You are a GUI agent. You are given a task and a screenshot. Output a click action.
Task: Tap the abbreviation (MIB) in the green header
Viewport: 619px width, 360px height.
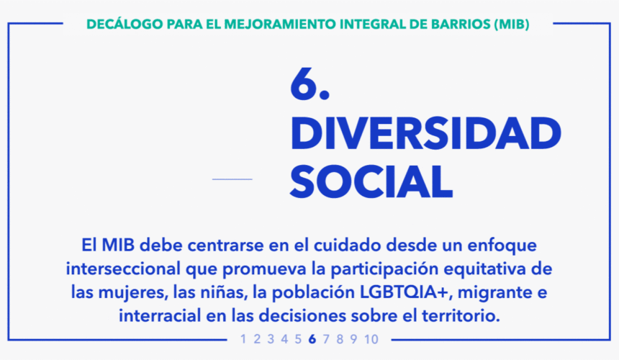tap(512, 24)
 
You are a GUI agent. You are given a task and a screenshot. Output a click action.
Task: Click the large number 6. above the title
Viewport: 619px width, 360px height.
tap(309, 84)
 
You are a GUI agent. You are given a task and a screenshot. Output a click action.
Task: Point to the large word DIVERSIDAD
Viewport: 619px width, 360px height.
tap(425, 134)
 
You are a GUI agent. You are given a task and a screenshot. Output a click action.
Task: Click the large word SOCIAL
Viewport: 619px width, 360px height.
tap(371, 182)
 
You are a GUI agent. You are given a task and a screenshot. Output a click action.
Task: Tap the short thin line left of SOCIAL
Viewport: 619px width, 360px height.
tap(232, 179)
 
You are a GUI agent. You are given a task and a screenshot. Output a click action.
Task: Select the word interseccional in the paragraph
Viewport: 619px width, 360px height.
tap(123, 269)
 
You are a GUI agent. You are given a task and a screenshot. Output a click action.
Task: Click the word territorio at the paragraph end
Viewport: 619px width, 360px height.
tap(461, 316)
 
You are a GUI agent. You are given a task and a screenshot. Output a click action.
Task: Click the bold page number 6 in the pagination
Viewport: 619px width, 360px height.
tap(312, 339)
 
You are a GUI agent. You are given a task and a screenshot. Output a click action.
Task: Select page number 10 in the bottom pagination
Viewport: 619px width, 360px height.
tap(371, 339)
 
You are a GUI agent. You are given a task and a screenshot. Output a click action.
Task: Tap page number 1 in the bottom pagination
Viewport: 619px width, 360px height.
tap(243, 339)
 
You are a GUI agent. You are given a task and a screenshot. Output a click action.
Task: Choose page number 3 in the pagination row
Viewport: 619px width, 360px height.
tap(271, 339)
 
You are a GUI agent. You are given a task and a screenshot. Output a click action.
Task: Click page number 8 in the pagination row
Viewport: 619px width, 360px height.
tap(340, 339)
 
